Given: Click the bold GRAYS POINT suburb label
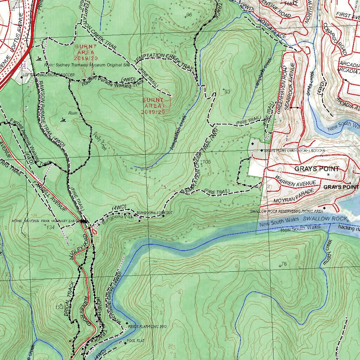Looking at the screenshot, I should click(x=317, y=169).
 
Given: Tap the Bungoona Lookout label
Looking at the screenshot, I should click(x=154, y=213).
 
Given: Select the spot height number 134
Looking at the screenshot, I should click(x=50, y=227).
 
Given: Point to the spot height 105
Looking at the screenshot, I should click(x=206, y=162).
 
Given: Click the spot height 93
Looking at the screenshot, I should click(x=227, y=92).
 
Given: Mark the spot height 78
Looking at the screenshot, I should click(x=284, y=264).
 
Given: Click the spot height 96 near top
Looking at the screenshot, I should click(x=189, y=14).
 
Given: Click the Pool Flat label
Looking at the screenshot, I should click(x=136, y=341).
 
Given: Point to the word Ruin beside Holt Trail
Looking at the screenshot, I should click(x=73, y=113).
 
